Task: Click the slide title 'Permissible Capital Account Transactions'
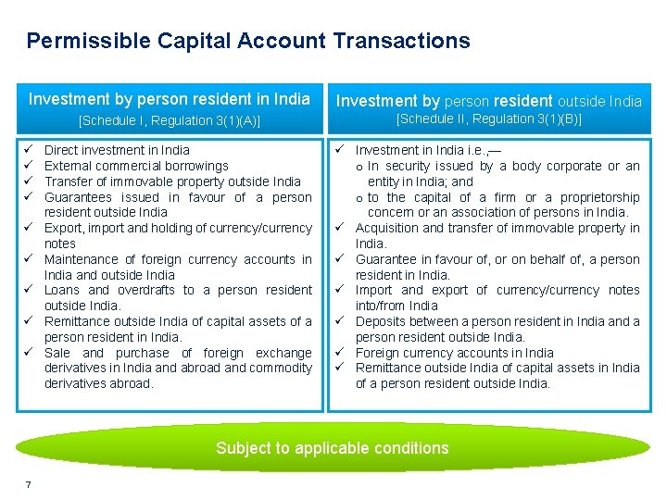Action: [x=248, y=41]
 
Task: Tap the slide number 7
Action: [x=30, y=485]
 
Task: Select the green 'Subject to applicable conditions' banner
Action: [x=332, y=448]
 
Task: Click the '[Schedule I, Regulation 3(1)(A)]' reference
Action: [x=170, y=120]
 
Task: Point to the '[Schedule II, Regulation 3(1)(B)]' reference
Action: [x=488, y=119]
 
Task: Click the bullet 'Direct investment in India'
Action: [x=117, y=150]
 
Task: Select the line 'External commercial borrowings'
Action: [x=136, y=166]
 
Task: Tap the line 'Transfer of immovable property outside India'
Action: [x=172, y=181]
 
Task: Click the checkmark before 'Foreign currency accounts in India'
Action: [x=340, y=353]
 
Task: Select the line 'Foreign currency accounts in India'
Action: [x=454, y=353]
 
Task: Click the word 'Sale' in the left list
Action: [x=58, y=353]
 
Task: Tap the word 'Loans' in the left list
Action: [x=63, y=290]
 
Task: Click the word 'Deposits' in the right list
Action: [x=381, y=321]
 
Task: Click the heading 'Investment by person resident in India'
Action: [x=170, y=99]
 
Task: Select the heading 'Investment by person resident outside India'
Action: [x=488, y=101]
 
